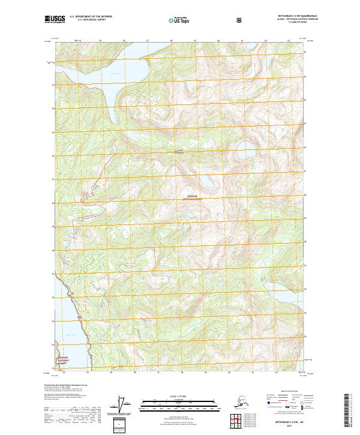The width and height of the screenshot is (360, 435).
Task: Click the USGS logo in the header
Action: tap(55, 20)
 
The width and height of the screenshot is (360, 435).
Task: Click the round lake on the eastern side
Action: tap(245, 150)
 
